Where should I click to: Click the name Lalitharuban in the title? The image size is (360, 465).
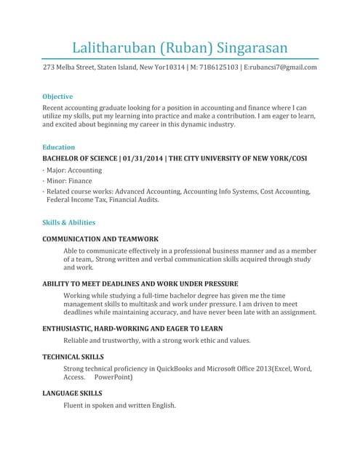pos(113,48)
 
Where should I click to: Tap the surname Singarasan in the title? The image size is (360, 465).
pos(251,48)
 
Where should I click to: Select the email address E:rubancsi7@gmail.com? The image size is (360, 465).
pos(280,68)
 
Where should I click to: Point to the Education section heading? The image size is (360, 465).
pos(59,147)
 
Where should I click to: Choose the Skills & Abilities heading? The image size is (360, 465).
pos(69,222)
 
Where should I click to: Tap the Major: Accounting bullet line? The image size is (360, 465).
pos(74,170)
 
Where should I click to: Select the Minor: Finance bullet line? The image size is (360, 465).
pos(70,181)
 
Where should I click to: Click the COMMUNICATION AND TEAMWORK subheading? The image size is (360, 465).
pos(100,239)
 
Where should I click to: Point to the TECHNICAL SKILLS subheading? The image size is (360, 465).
pos(73,357)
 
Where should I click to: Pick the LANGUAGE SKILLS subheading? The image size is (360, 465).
pos(72,393)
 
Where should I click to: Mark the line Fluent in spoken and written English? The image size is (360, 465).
pos(120,405)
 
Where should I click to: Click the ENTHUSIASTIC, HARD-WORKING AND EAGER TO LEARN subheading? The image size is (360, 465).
pos(132,328)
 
